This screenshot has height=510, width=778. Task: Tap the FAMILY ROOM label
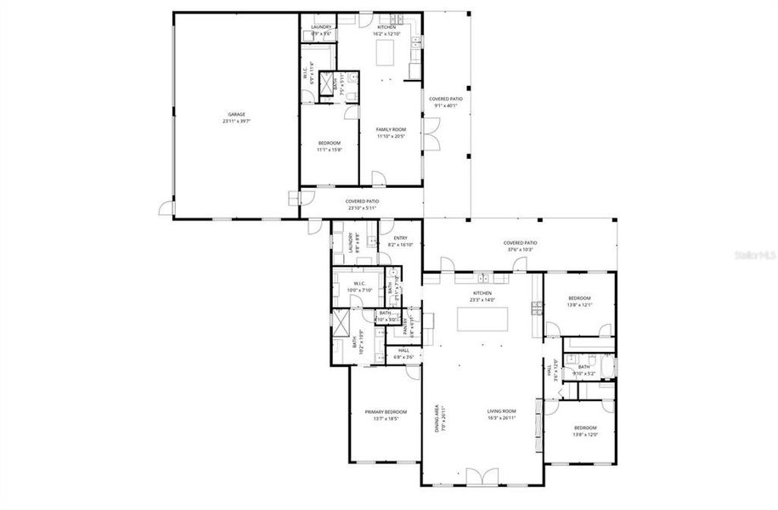[x=391, y=128]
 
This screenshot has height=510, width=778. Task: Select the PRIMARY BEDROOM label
[x=381, y=411]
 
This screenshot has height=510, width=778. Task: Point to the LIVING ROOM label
[x=503, y=411]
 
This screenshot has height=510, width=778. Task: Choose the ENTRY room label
[x=400, y=237]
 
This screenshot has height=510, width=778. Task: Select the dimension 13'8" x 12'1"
[x=579, y=305]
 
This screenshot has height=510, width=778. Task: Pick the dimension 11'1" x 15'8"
[x=329, y=149]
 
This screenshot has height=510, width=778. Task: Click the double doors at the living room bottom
[x=481, y=476]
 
